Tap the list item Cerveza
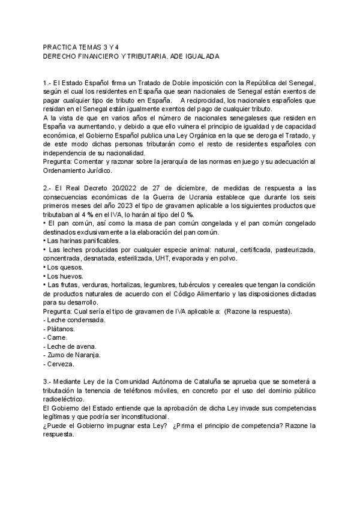pyautogui.click(x=61, y=364)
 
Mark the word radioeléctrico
pyautogui.click(x=64, y=399)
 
